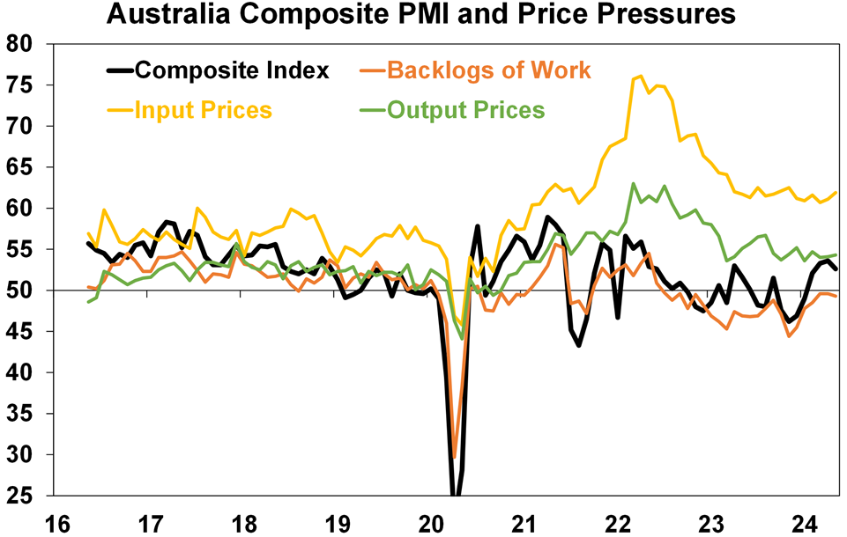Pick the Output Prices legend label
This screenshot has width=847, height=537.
tap(466, 110)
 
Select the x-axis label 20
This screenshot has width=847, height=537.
tap(433, 521)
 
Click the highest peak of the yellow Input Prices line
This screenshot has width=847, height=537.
tap(641, 76)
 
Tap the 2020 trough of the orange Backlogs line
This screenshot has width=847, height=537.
tap(455, 457)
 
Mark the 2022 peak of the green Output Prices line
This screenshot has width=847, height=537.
tap(633, 184)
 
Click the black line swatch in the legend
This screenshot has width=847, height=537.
tap(120, 70)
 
